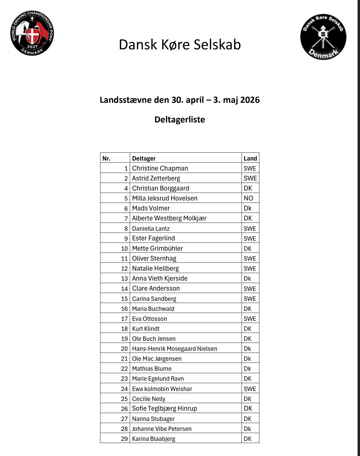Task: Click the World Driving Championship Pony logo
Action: pos(32,33)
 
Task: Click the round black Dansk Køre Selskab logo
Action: pos(323,37)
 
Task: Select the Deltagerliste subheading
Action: pos(180,120)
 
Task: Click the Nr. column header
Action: pos(106,158)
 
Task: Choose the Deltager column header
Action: pos(144,158)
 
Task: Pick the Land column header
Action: pos(250,158)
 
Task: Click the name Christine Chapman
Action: pos(160,168)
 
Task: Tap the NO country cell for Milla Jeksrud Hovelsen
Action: pos(248,198)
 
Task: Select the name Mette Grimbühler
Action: pos(157,249)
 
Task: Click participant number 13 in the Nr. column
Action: pos(124,278)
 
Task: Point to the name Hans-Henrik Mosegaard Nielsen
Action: pos(174,349)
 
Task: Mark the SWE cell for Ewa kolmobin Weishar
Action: pos(250,389)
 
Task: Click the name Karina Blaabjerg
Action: pos(154,439)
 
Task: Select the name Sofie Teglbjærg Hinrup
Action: pos(164,409)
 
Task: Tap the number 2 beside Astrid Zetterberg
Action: pos(126,178)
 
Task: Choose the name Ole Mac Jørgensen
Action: pos(157,359)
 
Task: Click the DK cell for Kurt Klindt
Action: pos(248,329)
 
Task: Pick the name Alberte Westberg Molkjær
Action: pos(169,218)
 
